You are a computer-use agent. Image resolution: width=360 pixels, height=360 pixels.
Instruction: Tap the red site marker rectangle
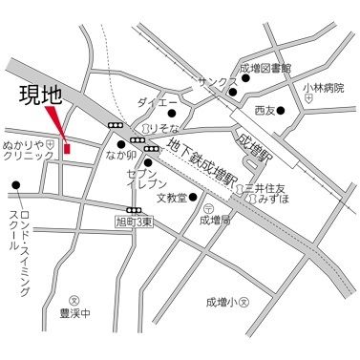coord(67,146)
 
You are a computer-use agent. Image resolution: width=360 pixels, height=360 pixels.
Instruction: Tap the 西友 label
coord(265,111)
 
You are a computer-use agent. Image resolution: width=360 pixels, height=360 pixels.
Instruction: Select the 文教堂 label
coord(169,200)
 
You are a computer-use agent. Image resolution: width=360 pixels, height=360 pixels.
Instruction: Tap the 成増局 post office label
coord(215,219)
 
